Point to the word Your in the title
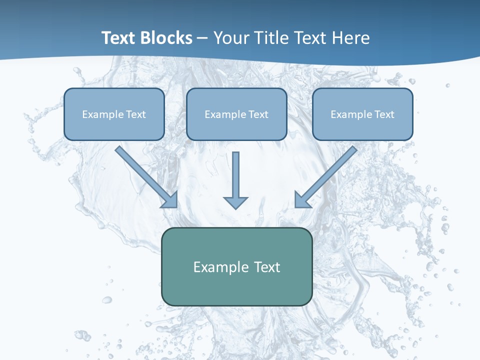[230, 38]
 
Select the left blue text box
[114, 114]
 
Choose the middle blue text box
[236, 114]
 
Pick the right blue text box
[362, 114]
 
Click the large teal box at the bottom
[237, 266]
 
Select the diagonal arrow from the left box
[145, 175]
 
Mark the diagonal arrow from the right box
[327, 175]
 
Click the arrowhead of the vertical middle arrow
[235, 202]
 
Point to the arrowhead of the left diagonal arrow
[170, 200]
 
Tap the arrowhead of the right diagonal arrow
[302, 200]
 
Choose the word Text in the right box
[384, 114]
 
